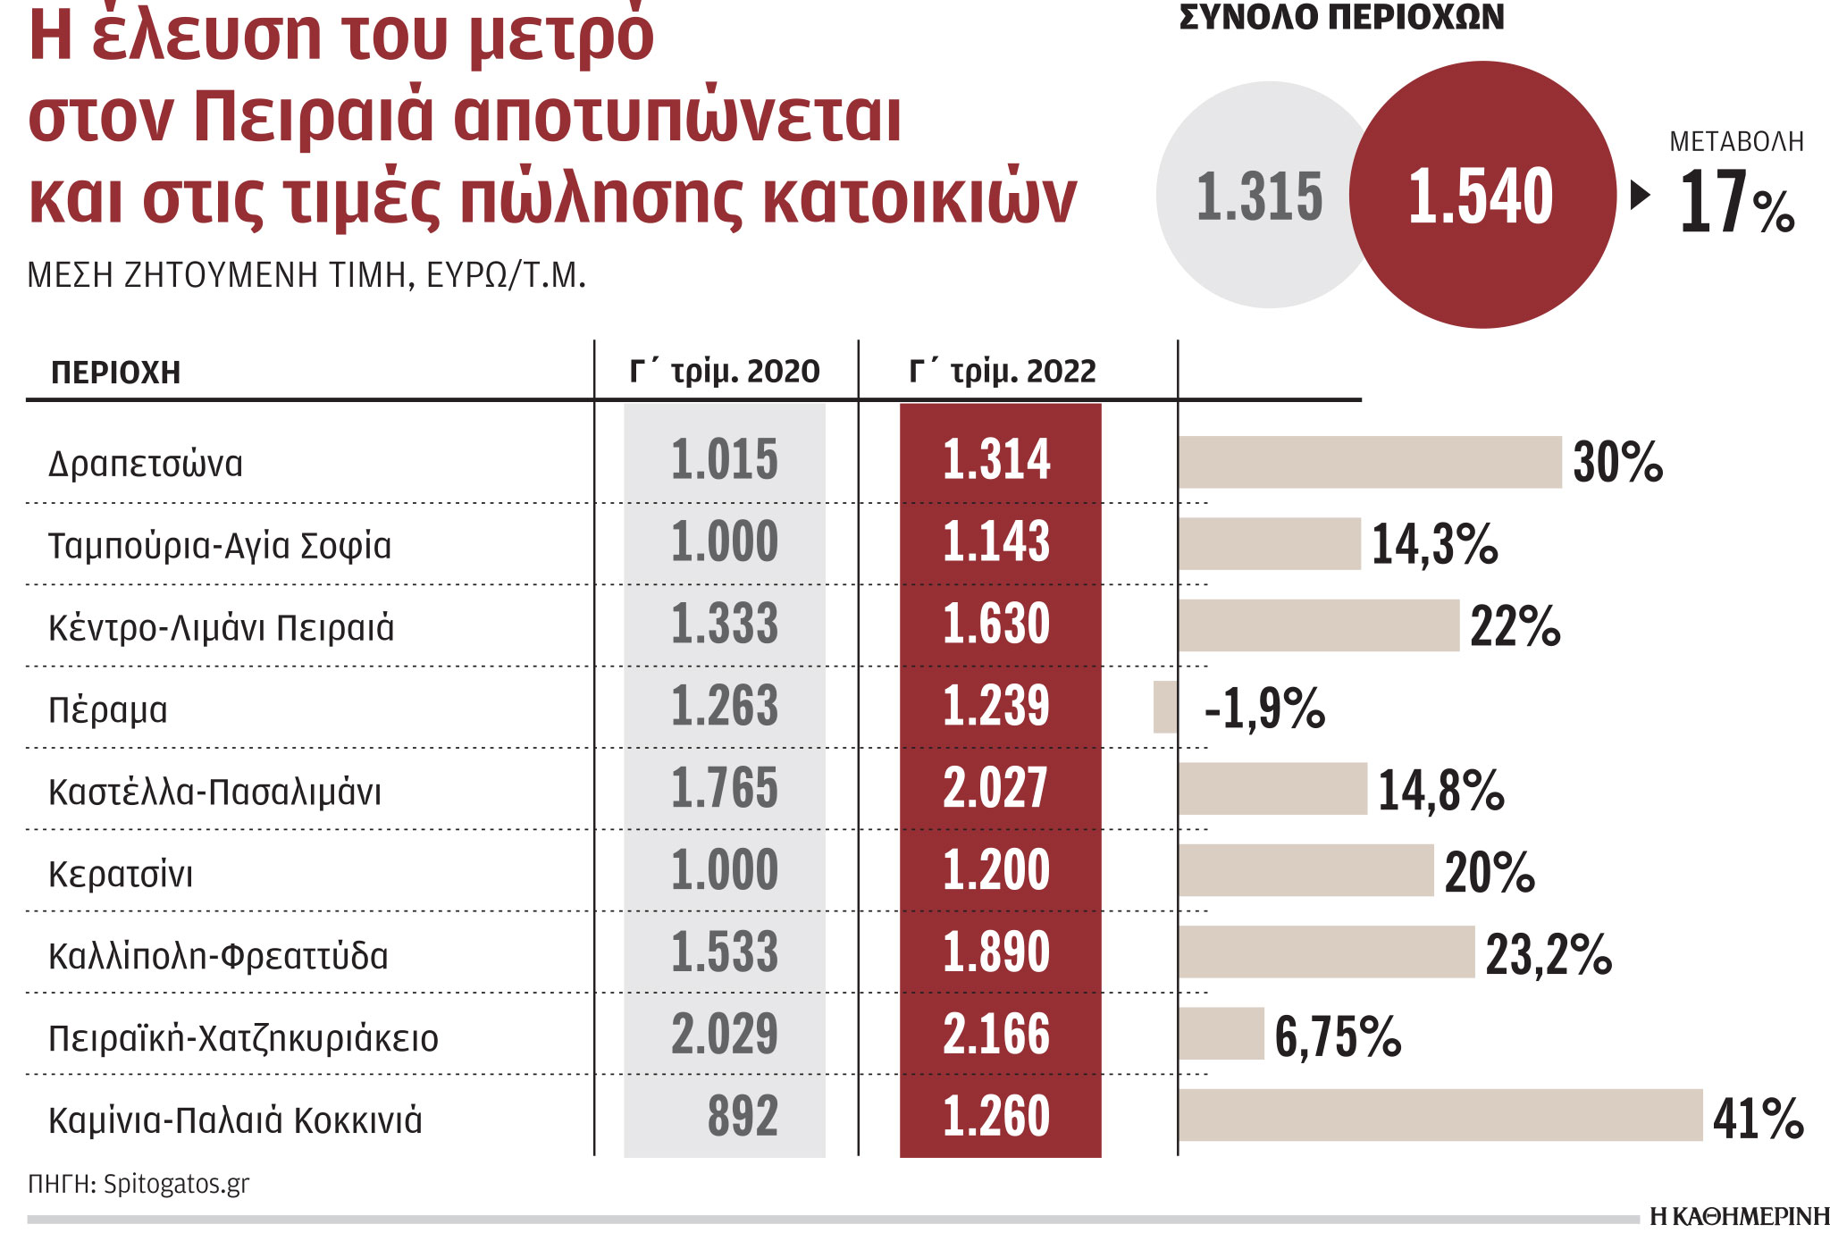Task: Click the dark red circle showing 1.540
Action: pyautogui.click(x=1482, y=195)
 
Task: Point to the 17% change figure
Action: pyautogui.click(x=1735, y=203)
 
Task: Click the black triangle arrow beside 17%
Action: pyautogui.click(x=1639, y=195)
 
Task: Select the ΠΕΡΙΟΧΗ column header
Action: pyautogui.click(x=116, y=373)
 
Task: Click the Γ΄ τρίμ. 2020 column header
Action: pyautogui.click(x=724, y=371)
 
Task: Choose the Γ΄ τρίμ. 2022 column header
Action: pyautogui.click(x=1002, y=371)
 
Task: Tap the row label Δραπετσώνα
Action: pyautogui.click(x=146, y=464)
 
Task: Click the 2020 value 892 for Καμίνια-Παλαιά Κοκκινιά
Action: pyautogui.click(x=742, y=1116)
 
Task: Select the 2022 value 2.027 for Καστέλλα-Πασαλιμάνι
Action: pyautogui.click(x=995, y=788)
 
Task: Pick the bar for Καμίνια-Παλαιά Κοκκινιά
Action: pyautogui.click(x=1440, y=1115)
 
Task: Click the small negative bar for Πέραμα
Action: pyautogui.click(x=1165, y=707)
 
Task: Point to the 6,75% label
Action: pyautogui.click(x=1337, y=1036)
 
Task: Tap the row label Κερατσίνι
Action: pyautogui.click(x=121, y=874)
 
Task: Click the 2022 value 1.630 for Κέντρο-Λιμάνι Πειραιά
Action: pyautogui.click(x=995, y=624)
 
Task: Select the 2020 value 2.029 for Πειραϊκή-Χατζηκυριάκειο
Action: pyautogui.click(x=724, y=1034)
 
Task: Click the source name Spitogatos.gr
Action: pyautogui.click(x=176, y=1184)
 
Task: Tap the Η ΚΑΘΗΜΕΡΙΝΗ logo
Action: pyautogui.click(x=1738, y=1217)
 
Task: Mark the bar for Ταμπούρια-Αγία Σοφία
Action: pyautogui.click(x=1269, y=543)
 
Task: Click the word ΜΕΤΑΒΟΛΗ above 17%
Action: pyautogui.click(x=1736, y=141)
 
